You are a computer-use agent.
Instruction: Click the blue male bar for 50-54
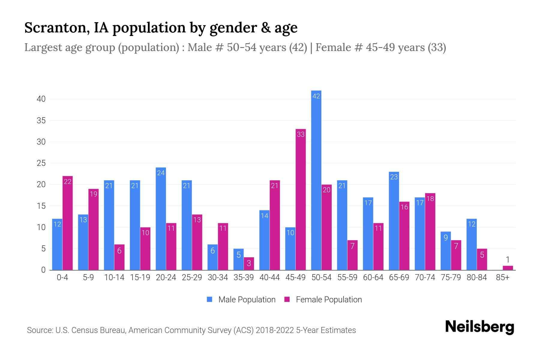coord(316,180)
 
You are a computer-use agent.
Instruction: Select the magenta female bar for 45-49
coord(301,199)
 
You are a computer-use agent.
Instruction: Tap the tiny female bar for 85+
coord(508,268)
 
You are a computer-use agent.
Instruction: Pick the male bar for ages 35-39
coord(238,259)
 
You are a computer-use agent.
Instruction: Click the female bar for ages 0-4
coord(67,223)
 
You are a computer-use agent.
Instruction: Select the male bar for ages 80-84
coord(472,244)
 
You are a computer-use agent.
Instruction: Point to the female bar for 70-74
coord(430,232)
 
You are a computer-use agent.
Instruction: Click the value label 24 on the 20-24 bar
coord(161,173)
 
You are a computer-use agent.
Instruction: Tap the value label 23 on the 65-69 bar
coord(394,177)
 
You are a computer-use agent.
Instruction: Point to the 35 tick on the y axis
coord(41,121)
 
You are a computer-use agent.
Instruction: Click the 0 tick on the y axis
coord(43,270)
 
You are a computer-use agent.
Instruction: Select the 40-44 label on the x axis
coord(269,277)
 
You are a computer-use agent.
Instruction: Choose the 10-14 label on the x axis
coord(114,277)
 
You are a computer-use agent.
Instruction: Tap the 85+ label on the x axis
coord(502,277)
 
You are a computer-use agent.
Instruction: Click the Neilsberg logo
coord(479,327)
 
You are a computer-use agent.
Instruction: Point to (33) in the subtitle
coord(437,47)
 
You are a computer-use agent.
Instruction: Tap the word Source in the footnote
coord(40,330)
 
